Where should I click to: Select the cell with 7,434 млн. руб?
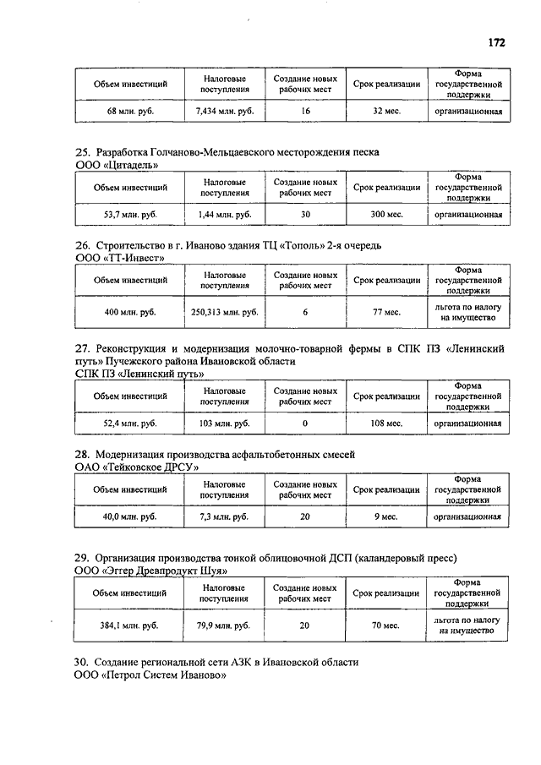coord(224,111)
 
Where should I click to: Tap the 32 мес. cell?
coord(386,111)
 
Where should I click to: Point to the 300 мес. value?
coord(386,215)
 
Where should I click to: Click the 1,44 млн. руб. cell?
coord(224,215)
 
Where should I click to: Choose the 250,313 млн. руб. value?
coord(224,313)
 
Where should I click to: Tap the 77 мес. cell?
coord(386,313)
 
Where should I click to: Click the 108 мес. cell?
coord(386,423)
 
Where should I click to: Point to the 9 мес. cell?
coord(386,516)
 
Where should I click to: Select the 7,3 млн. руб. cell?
coord(224,516)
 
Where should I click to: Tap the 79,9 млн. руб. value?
coord(224,626)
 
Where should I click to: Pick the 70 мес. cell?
coord(386,626)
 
